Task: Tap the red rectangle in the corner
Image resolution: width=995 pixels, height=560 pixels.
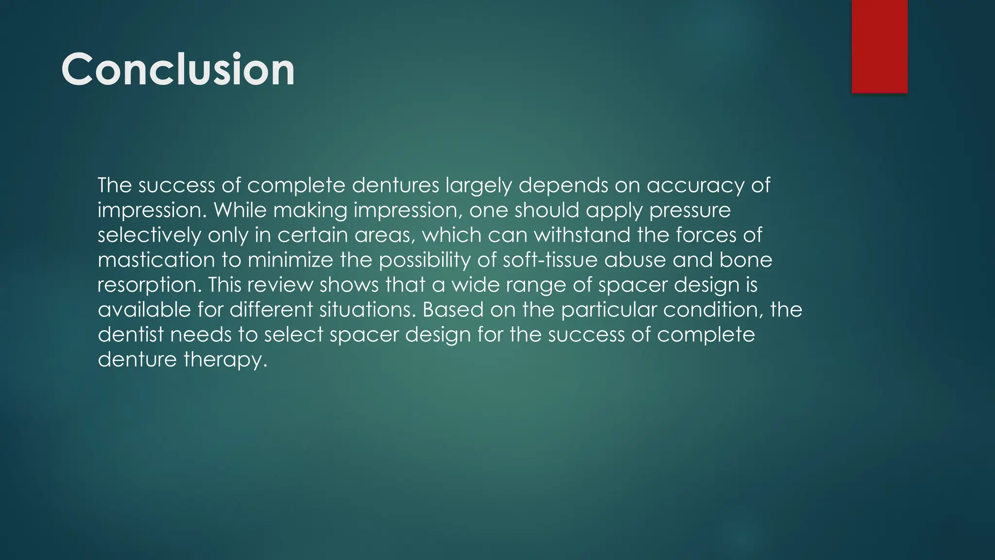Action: point(879,46)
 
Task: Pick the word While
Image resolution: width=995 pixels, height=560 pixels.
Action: point(240,210)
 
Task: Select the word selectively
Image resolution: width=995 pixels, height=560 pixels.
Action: point(149,235)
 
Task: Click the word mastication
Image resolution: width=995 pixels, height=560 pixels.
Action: point(156,260)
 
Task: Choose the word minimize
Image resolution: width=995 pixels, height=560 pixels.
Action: point(290,260)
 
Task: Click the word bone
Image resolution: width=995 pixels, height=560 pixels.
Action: point(746,260)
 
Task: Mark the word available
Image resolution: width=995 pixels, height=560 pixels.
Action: point(144,310)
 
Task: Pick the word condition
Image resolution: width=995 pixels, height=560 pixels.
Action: point(713,310)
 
